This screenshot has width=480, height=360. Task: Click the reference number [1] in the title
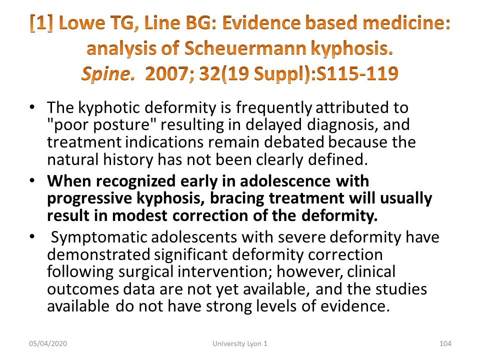click(41, 23)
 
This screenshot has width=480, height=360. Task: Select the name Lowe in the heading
click(81, 23)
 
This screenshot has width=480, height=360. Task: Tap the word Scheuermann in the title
click(245, 48)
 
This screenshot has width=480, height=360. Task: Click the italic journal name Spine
click(108, 74)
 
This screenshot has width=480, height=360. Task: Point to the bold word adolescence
click(285, 181)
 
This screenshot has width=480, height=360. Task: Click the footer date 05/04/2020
click(48, 344)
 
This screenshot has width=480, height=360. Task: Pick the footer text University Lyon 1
click(240, 344)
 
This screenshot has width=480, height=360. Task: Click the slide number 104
click(445, 344)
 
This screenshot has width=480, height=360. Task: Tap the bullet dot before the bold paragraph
click(32, 180)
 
